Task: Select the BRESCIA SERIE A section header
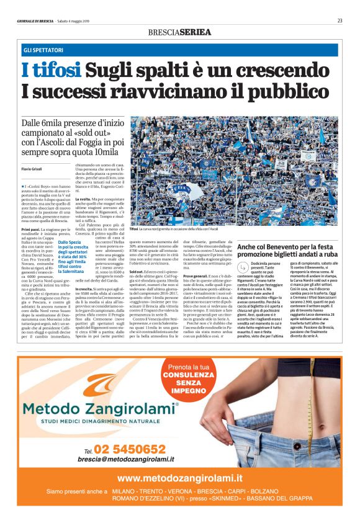pos(179,32)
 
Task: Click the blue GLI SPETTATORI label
pos(43,49)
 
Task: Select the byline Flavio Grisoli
pos(32,169)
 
